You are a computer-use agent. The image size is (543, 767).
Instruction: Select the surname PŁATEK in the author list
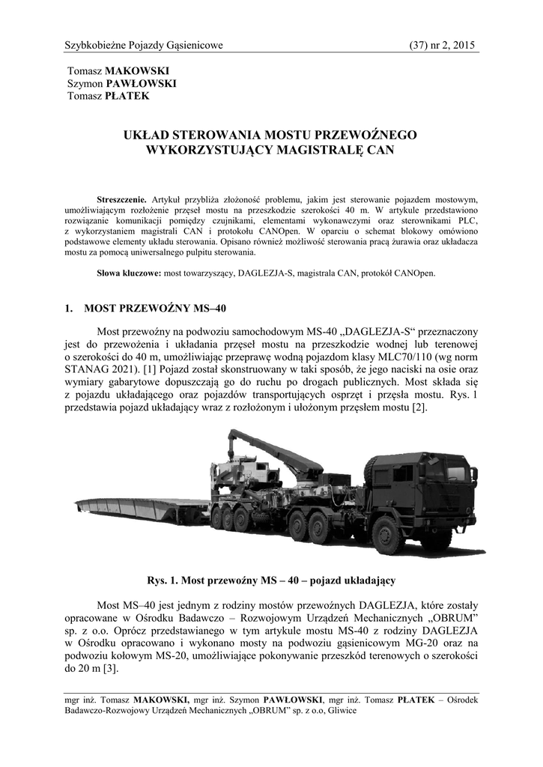tap(129, 96)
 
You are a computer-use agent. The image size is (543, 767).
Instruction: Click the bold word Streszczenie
tap(123, 200)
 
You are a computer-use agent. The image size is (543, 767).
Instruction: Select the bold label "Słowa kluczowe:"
tap(130, 273)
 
